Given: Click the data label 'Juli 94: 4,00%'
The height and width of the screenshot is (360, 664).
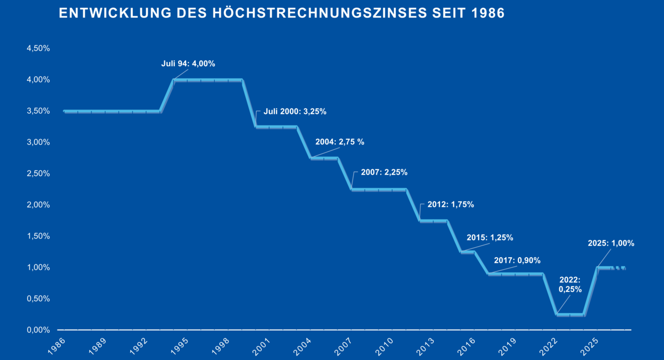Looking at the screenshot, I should (188, 64).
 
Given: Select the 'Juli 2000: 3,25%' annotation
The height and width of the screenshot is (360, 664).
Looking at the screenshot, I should (295, 111).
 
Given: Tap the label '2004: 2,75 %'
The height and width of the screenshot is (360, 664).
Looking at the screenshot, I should (340, 142).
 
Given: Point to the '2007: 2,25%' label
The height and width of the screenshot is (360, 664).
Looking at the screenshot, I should (384, 173).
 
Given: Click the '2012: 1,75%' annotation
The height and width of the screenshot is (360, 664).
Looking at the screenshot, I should (450, 205).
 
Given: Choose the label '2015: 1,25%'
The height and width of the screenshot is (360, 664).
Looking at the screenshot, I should (490, 238).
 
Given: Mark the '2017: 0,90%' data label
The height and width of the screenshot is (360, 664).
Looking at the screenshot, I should (517, 260).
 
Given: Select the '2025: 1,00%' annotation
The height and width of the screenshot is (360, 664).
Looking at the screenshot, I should (611, 243).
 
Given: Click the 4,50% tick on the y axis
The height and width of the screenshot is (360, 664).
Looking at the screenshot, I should (39, 49).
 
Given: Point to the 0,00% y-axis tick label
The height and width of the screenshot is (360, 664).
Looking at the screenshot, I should (39, 330).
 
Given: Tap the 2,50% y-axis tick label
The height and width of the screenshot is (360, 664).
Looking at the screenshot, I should (39, 174).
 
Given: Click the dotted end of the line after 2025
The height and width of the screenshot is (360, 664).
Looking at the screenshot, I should (619, 268).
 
